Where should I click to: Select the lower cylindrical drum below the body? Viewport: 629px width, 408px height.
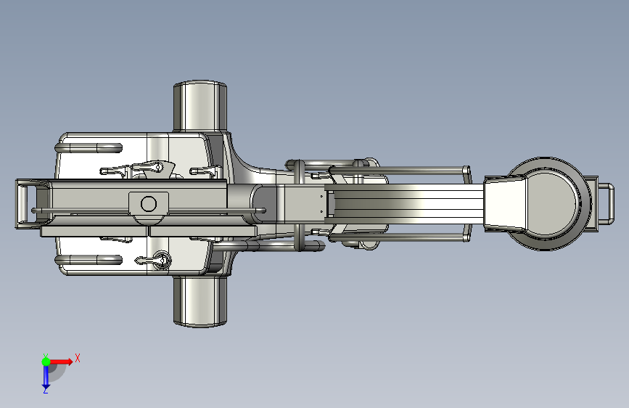click(x=200, y=301)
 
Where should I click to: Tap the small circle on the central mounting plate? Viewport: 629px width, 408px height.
click(x=149, y=203)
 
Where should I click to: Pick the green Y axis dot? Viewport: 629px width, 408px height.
click(x=46, y=362)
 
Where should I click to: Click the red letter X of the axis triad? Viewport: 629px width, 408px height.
click(x=78, y=358)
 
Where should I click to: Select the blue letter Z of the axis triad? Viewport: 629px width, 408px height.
click(x=46, y=391)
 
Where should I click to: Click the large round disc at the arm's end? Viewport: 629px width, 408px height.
click(x=551, y=203)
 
